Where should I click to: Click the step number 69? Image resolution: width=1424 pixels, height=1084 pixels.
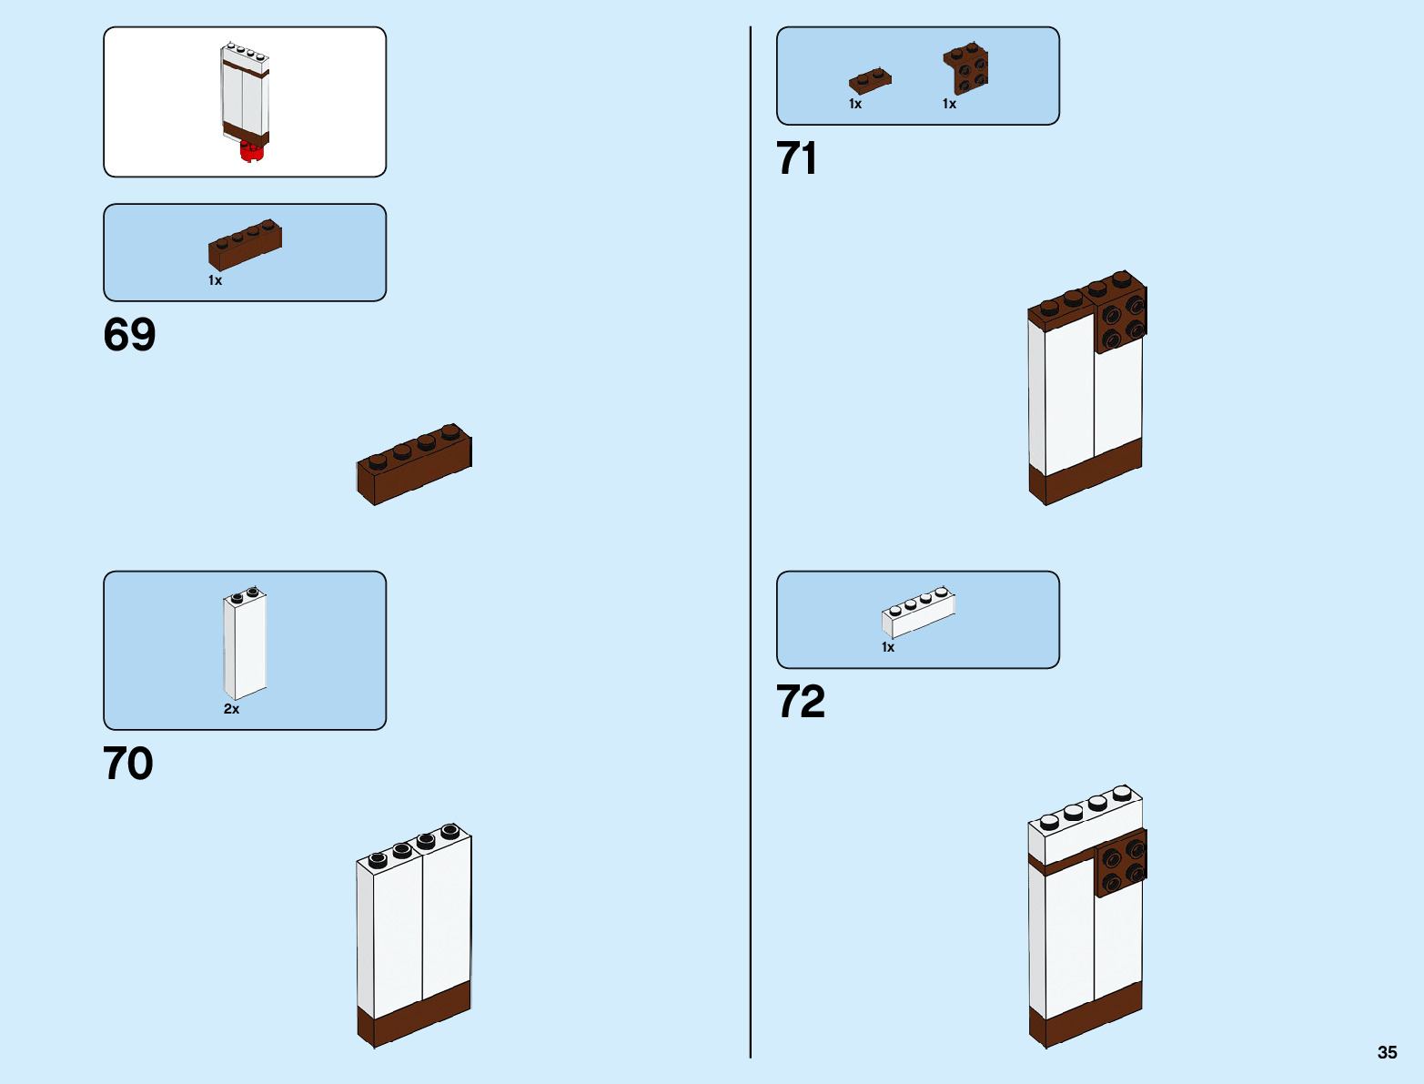(129, 335)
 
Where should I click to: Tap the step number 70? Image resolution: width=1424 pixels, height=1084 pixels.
(128, 764)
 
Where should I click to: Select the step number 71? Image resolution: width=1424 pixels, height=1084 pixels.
(796, 158)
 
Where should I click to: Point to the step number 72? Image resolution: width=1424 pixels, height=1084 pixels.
(801, 702)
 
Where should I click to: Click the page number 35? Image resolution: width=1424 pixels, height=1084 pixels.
(1387, 1052)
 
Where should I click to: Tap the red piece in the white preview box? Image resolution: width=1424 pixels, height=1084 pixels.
(250, 152)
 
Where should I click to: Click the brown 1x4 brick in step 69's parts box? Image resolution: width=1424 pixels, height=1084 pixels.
(245, 245)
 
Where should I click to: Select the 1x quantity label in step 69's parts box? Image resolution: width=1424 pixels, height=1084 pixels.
(215, 280)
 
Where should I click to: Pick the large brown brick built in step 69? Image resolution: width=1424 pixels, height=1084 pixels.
(414, 464)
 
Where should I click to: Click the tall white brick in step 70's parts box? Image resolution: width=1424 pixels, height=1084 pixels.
(245, 643)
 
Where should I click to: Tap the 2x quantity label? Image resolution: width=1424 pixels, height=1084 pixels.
(231, 709)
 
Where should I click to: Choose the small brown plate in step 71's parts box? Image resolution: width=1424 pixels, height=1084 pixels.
(870, 81)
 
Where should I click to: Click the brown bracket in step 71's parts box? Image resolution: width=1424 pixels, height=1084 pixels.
(966, 69)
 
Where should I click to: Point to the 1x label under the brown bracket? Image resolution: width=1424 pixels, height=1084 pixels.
(949, 104)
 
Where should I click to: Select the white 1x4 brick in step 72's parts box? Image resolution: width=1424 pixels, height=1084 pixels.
(918, 612)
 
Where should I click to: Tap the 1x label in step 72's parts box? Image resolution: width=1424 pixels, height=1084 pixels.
(888, 647)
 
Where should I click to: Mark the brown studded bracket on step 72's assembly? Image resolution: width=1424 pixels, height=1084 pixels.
(1121, 863)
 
